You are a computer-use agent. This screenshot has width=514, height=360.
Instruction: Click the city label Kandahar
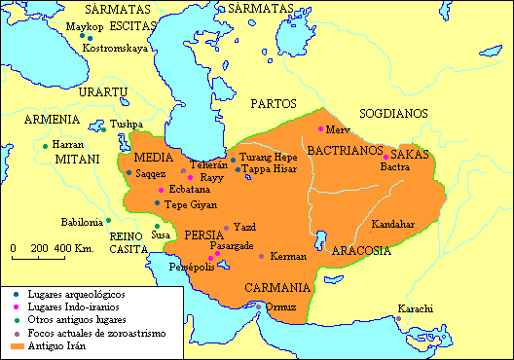[x=393, y=224]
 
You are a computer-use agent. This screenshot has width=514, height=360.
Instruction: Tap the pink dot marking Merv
[x=320, y=129]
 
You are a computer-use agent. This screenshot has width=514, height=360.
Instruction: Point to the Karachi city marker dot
[x=398, y=318]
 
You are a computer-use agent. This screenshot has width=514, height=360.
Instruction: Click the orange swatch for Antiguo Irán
[x=18, y=345]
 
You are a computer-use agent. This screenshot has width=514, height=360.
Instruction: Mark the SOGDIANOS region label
[x=393, y=113]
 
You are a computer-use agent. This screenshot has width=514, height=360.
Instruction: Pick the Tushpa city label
[x=127, y=125]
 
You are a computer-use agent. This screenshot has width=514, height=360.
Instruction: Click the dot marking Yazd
[x=227, y=228]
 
